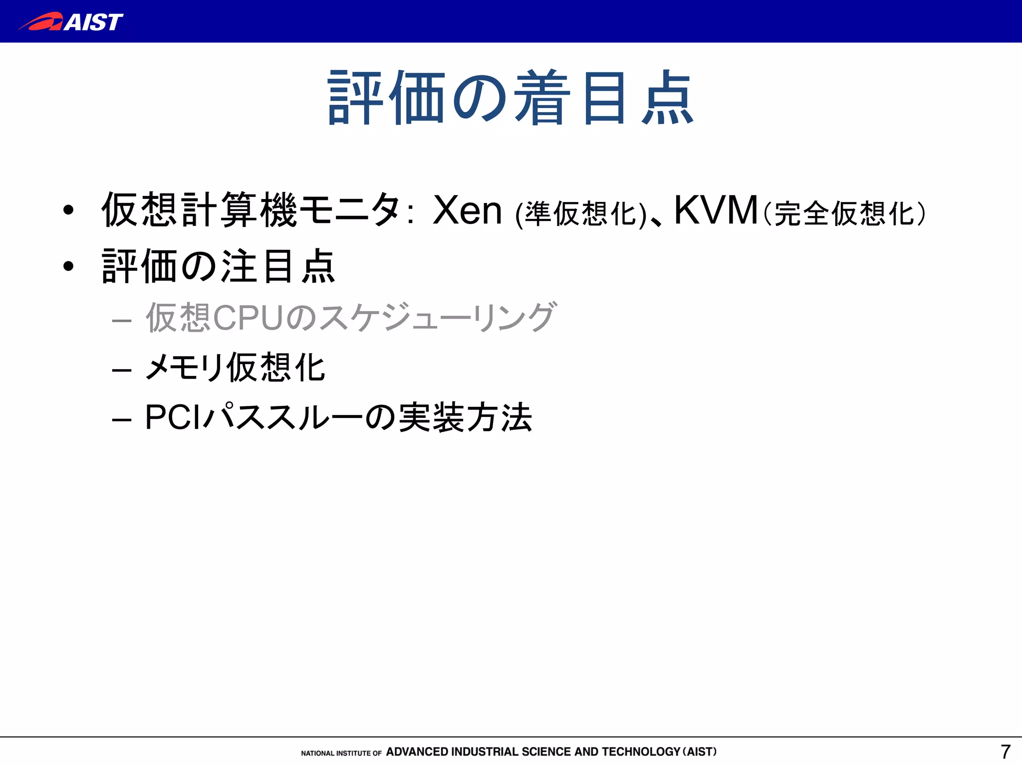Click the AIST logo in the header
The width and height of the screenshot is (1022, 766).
[x=71, y=22]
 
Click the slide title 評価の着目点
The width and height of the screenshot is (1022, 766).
[x=511, y=98]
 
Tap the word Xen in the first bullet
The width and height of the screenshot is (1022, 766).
[x=467, y=210]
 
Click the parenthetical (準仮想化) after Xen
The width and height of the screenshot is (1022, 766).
[x=581, y=214]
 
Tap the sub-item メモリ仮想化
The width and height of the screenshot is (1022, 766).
[x=235, y=368]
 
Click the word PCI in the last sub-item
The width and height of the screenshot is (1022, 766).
[x=172, y=417]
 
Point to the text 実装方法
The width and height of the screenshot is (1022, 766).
[x=466, y=417]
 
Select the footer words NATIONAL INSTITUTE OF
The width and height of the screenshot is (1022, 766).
[x=341, y=753]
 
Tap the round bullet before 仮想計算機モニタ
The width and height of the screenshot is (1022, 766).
[x=69, y=210]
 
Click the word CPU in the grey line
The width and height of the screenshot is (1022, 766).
[x=248, y=317]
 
